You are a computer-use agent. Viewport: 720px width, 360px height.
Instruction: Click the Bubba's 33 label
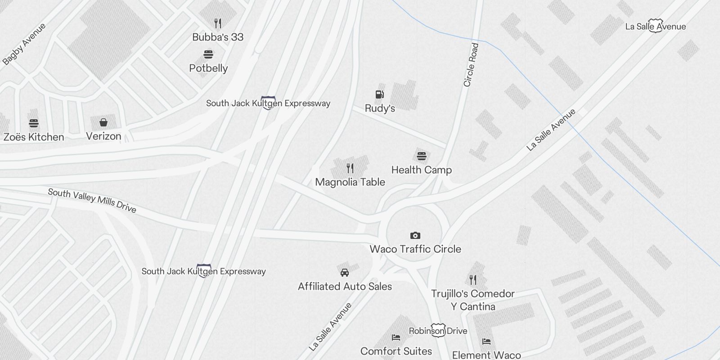coord(218,37)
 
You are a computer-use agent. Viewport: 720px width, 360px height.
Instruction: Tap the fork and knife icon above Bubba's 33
coord(218,23)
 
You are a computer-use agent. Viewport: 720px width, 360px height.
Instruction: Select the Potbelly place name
coord(208,68)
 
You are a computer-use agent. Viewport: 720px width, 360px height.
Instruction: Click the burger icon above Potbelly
coord(208,54)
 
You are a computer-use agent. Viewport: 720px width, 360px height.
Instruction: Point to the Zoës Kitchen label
coord(34,137)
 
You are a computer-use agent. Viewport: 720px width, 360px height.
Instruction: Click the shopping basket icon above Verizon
coord(103,122)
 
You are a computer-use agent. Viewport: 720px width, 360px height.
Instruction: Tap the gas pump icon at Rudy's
coord(380,94)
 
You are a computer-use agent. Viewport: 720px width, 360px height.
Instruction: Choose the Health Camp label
coord(421,170)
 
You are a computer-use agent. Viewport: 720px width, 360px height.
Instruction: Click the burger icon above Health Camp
coord(421,156)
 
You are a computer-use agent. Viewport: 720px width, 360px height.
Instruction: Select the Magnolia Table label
coord(350,182)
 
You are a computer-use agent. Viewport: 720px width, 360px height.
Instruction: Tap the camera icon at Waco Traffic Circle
coord(415,235)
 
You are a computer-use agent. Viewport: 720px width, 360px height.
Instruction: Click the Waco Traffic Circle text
coord(415,249)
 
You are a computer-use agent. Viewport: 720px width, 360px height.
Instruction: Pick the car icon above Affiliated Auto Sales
coord(345,272)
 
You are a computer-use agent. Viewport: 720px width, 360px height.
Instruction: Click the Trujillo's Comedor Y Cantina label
coord(473,300)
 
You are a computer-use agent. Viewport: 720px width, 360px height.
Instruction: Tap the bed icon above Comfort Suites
coord(396,337)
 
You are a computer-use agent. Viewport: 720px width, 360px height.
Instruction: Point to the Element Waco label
coord(486,355)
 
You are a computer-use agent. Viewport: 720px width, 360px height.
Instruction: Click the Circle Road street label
coord(471,65)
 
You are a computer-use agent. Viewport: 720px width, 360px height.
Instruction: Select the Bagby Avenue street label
coord(24,44)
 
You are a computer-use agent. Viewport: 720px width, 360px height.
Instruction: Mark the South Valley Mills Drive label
coord(92,200)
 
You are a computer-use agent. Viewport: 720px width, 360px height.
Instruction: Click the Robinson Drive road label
coord(438,331)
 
